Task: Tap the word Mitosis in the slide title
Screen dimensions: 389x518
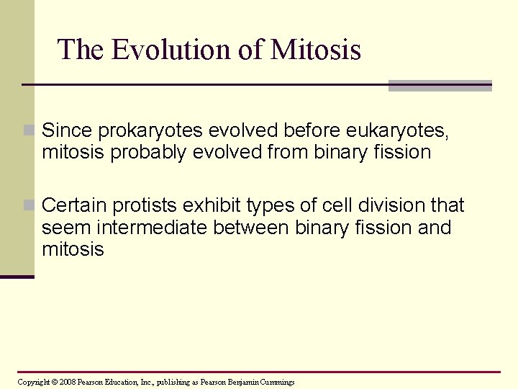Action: (316, 50)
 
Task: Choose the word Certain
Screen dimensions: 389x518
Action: (73, 206)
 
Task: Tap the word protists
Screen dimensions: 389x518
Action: (140, 206)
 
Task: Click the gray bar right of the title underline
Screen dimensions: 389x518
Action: (440, 86)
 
